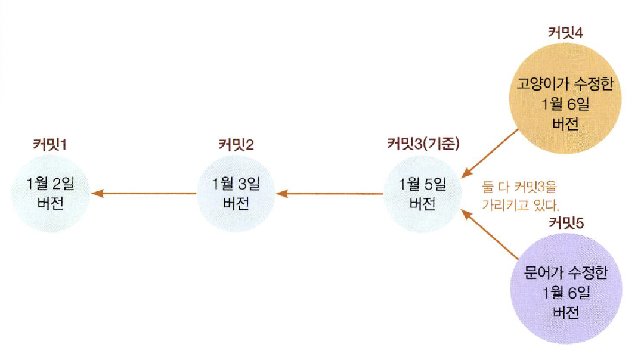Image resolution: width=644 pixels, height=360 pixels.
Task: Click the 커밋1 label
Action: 49,144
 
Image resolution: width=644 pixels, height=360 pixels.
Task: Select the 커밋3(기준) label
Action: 423,144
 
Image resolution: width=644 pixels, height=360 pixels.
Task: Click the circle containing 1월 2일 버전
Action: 50,193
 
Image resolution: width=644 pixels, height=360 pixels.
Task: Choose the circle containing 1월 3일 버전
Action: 236,193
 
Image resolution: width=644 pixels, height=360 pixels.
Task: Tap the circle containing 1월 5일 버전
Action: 423,193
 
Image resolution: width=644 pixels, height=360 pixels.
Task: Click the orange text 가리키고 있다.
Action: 520,206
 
